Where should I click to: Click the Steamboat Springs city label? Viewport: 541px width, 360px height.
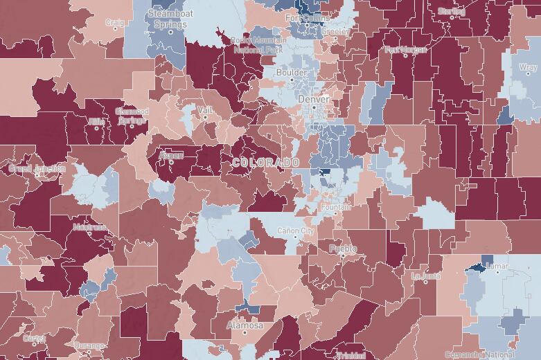[167, 18]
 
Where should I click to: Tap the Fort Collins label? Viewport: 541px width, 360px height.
[310, 18]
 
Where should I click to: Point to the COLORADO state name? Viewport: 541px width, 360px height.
[266, 162]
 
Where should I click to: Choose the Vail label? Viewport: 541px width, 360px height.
[205, 110]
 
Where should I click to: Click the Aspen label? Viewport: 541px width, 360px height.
[171, 156]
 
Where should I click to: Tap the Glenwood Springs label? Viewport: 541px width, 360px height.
[131, 116]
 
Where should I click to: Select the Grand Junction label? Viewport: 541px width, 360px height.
[37, 168]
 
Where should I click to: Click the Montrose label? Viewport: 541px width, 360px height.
[88, 226]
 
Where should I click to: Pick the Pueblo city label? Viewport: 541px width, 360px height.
[343, 249]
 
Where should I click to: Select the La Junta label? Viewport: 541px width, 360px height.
[425, 276]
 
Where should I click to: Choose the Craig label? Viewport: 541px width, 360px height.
[114, 22]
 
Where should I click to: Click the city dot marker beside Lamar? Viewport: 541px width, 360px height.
[497, 271]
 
